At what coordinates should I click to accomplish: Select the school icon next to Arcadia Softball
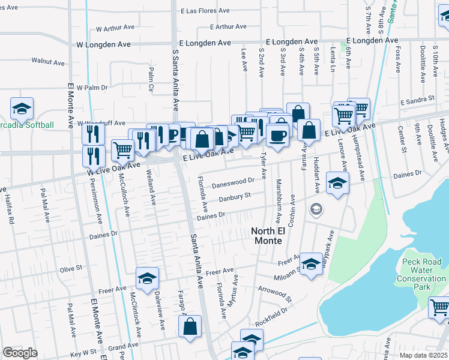coord(22,109)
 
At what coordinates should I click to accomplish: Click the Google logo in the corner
coord(20,353)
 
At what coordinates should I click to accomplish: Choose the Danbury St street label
coord(234,196)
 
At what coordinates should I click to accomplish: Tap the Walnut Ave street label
coord(48,62)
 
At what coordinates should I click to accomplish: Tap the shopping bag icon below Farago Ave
coord(190,328)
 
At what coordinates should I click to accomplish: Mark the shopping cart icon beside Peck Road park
coord(439,307)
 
